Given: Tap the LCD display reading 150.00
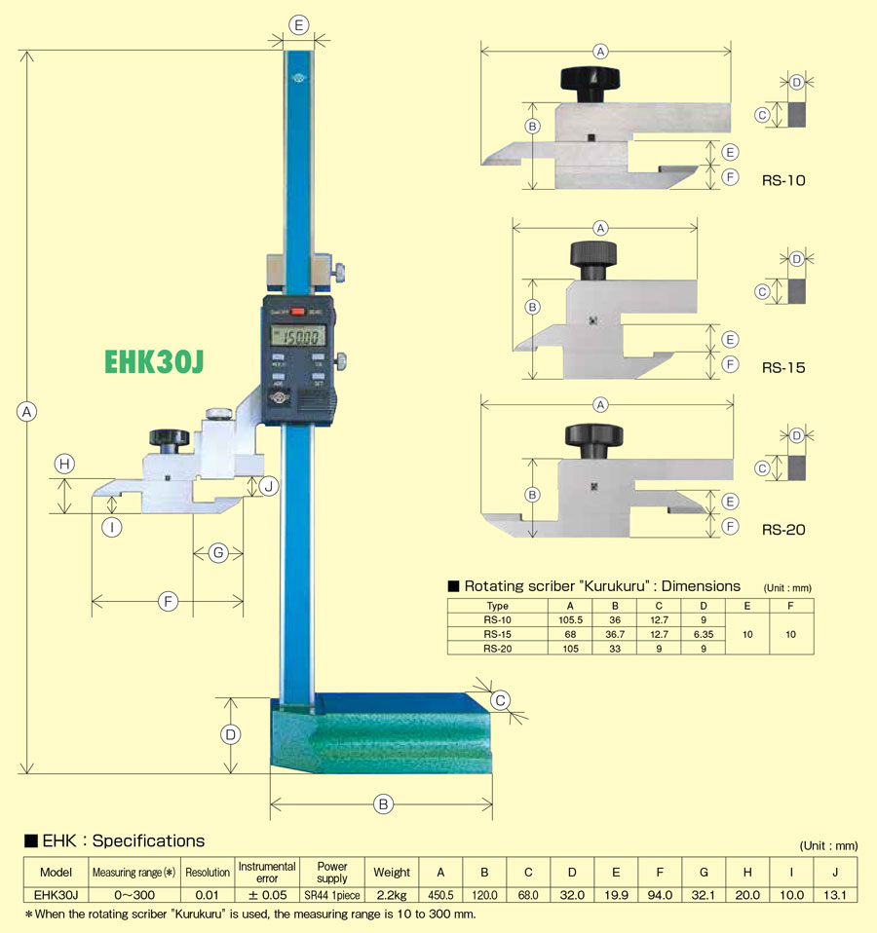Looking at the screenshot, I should point(298,337).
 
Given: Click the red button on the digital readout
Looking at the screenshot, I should point(298,312).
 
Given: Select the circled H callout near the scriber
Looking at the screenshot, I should point(64,466).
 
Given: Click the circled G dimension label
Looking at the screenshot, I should point(218,553).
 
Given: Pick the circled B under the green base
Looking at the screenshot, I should point(383,804).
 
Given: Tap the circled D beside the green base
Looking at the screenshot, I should point(231,734).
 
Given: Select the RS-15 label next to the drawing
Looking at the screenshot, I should point(783,368).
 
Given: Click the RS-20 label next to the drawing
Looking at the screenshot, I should point(783,531).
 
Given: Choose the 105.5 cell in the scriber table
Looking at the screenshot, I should point(570,618).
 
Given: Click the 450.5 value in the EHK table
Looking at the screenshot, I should point(440,894).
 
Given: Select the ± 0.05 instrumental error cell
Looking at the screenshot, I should point(266,894).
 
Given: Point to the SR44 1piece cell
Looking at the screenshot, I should point(331,894).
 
